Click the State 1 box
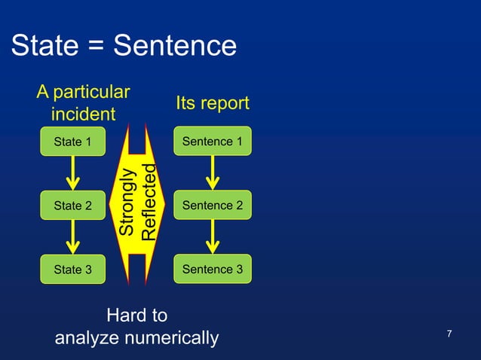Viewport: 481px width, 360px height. pos(72,142)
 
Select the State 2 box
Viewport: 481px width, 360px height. pos(72,206)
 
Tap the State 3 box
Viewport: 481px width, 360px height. pos(72,269)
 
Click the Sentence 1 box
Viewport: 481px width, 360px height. pos(213,142)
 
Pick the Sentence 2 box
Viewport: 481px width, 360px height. pos(213,206)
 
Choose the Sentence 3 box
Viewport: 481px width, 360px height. pos(213,269)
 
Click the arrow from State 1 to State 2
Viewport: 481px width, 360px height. pos(72,173)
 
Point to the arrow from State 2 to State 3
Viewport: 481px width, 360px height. pos(72,237)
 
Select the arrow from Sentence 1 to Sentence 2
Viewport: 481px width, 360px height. pos(213,173)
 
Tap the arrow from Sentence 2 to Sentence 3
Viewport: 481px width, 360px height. pos(213,237)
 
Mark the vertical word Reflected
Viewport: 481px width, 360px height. pos(149,202)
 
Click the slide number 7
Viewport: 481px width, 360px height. pos(449,334)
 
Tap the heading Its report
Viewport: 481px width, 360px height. pos(212,103)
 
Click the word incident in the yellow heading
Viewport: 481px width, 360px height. pos(83,114)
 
